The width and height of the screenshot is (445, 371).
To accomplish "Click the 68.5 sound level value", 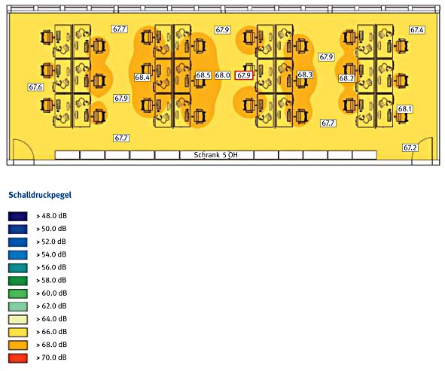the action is tap(203, 75).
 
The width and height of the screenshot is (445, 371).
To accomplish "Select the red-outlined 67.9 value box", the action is tap(244, 75).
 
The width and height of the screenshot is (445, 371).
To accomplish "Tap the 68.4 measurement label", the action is tap(142, 78).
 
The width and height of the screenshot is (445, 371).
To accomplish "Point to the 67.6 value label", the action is tap(35, 87).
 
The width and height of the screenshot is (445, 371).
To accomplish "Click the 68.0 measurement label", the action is tap(222, 75).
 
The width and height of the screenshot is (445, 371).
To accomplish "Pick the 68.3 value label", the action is tap(305, 75).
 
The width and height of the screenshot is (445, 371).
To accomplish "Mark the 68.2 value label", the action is tap(346, 78).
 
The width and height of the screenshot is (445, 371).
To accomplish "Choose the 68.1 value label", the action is tap(404, 109).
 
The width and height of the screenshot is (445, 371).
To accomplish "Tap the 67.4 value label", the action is tap(417, 30).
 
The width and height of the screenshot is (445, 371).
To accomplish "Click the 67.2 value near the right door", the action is tap(410, 147).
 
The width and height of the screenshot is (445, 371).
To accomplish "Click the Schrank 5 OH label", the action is tap(215, 155).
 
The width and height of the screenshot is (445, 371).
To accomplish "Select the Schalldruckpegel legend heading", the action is tap(40, 195).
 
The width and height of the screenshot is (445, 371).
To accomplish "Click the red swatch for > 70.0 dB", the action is tap(18, 358).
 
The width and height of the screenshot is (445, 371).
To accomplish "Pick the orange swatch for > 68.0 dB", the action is tap(18, 345).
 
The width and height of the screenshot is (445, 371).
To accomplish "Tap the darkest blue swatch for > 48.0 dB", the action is tap(18, 216).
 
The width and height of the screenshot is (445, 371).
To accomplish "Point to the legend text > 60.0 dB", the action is tap(52, 293).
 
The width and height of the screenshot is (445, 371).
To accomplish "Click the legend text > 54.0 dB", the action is tap(51, 254).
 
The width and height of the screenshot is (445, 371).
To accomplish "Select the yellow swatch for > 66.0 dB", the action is tap(18, 332).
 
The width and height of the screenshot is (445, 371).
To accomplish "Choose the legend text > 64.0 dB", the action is tap(52, 319).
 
